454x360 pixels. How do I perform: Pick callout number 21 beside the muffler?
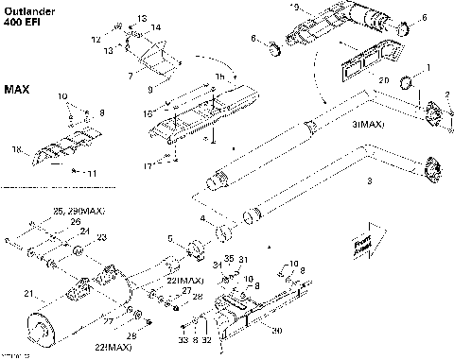(x=27, y=293)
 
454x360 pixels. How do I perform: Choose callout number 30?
(x=277, y=331)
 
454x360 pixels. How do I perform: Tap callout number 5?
(x=170, y=238)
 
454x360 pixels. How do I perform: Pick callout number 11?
(x=91, y=174)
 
